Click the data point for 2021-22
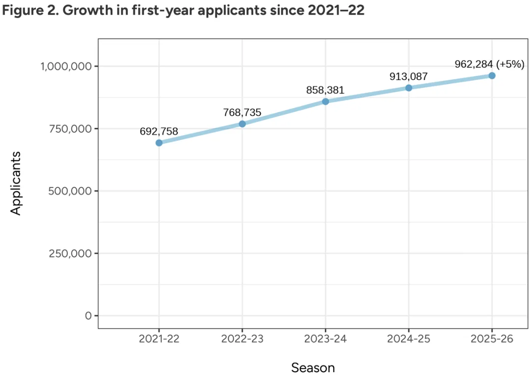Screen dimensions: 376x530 click(x=159, y=143)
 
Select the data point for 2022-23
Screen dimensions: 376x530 click(x=242, y=124)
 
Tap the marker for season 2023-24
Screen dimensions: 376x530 click(x=325, y=102)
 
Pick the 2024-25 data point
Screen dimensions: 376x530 click(x=409, y=88)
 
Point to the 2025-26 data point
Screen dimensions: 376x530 click(x=492, y=76)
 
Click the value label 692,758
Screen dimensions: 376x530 click(x=159, y=131)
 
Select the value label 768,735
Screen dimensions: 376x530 click(x=242, y=112)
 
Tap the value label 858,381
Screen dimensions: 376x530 click(x=325, y=90)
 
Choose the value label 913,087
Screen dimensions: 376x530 click(x=409, y=77)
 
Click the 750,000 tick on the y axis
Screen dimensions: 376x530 click(x=71, y=129)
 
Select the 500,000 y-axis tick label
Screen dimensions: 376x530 click(x=71, y=191)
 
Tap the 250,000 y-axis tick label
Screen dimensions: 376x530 click(x=71, y=253)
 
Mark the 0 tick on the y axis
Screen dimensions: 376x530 click(x=88, y=316)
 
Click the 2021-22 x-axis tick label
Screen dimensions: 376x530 click(x=159, y=339)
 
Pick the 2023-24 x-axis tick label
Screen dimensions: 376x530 click(x=325, y=339)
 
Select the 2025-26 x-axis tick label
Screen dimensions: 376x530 click(x=492, y=339)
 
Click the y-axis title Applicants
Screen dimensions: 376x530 click(x=16, y=183)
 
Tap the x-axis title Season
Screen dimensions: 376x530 click(x=313, y=367)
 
